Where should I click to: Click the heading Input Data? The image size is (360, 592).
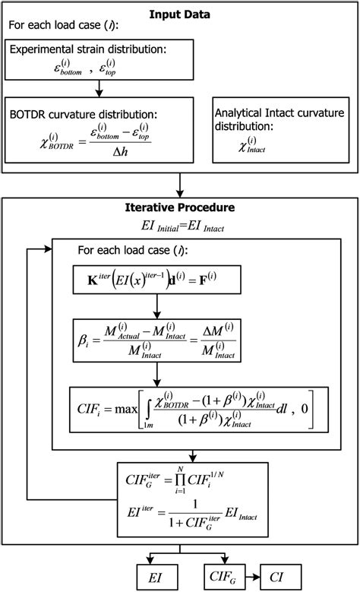(180, 14)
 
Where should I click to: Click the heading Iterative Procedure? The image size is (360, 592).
(180, 207)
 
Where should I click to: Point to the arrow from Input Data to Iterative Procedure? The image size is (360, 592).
(180, 184)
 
